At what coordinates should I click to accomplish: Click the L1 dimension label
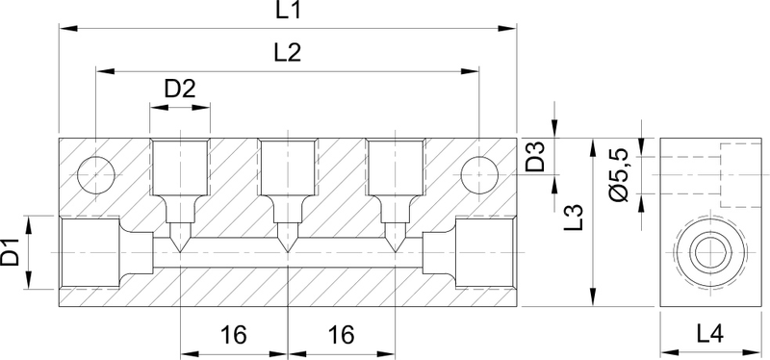(288, 10)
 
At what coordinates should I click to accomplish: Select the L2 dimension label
(287, 53)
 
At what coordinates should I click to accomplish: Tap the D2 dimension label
(180, 89)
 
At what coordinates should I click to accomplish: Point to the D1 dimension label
(11, 251)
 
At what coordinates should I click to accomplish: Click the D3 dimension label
(535, 156)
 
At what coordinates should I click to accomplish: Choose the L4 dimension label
(710, 335)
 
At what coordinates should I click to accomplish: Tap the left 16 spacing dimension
(233, 335)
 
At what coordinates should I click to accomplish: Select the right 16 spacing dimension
(341, 335)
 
